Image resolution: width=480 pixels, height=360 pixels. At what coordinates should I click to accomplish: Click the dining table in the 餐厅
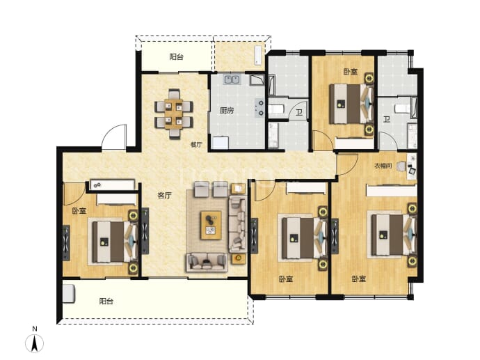click(174, 114)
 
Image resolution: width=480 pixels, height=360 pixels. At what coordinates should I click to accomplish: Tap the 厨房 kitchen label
click(227, 110)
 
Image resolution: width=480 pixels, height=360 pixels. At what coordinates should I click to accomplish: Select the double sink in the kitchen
click(232, 79)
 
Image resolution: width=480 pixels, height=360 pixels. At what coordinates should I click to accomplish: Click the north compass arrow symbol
click(35, 343)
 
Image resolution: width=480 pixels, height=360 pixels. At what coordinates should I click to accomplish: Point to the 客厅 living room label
click(164, 196)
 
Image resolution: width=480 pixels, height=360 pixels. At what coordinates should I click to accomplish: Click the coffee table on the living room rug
click(211, 225)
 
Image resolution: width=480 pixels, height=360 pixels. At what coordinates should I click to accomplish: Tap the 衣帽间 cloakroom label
click(383, 166)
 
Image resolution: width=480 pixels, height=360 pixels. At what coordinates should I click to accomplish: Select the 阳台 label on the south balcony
click(106, 302)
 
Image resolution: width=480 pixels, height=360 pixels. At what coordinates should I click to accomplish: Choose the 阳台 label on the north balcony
click(176, 56)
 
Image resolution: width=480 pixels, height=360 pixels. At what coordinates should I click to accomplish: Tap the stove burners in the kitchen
click(259, 108)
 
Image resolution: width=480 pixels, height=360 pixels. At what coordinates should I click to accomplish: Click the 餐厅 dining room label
click(196, 144)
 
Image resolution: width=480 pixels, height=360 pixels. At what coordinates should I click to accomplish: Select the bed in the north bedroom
click(351, 104)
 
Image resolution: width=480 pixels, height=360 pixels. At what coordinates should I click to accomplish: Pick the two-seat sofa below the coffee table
click(207, 263)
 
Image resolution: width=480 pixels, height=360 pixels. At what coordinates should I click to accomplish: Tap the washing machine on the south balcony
click(69, 294)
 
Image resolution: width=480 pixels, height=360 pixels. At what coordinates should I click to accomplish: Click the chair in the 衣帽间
click(401, 166)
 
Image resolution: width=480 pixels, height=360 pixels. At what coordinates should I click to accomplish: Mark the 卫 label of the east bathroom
click(387, 119)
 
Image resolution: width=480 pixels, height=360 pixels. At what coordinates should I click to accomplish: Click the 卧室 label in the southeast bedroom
click(358, 279)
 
